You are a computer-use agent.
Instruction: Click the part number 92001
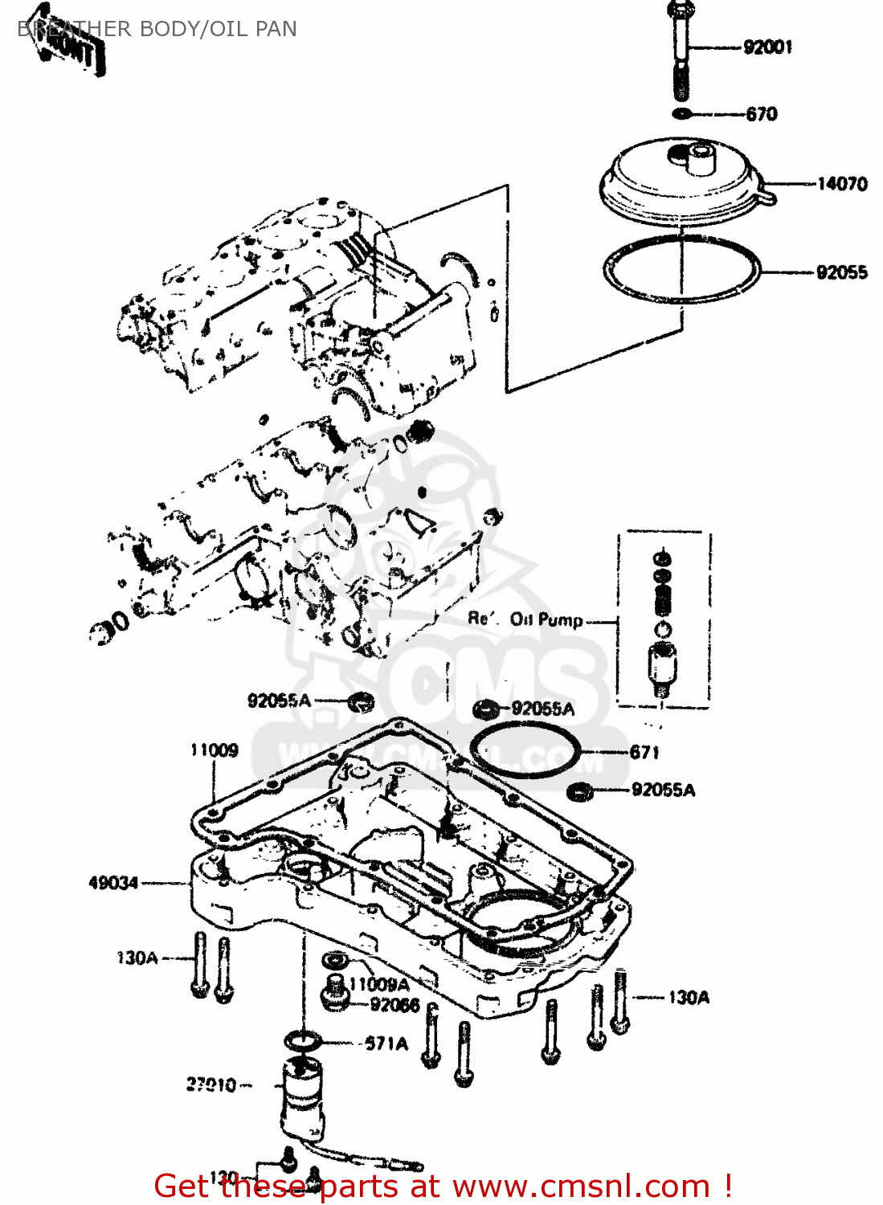(767, 47)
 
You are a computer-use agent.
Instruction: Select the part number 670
(761, 114)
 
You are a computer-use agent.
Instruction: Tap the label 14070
(841, 184)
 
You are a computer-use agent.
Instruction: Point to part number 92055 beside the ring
(841, 272)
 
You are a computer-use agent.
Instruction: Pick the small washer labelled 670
(681, 113)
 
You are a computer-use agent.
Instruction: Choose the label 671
(644, 753)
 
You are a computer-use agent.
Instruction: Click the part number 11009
(215, 750)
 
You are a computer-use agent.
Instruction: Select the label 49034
(113, 883)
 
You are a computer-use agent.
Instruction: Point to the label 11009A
(378, 984)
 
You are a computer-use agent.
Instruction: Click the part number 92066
(394, 1005)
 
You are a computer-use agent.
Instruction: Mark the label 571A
(386, 1044)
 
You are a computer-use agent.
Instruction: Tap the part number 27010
(211, 1085)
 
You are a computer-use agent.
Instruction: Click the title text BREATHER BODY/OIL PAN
(157, 29)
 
